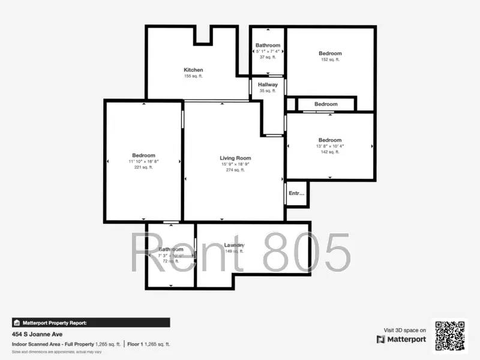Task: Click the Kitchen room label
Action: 193,70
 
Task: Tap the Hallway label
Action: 268,85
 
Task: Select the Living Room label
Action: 235,158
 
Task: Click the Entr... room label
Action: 296,193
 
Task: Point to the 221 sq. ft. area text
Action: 143,167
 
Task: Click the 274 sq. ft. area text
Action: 235,170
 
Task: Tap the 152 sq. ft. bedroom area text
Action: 330,59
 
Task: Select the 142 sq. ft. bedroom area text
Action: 330,152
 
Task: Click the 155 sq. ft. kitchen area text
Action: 193,76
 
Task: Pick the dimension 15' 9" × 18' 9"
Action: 235,164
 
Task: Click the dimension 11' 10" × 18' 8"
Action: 143,161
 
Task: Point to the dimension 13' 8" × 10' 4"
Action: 330,146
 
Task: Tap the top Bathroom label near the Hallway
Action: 268,46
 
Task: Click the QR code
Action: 450,335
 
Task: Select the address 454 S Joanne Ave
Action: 37,334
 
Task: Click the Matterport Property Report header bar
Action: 91,322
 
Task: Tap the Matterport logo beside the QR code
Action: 401,339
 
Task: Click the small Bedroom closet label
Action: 326,104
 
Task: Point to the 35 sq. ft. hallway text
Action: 268,91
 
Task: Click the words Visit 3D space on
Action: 405,330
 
